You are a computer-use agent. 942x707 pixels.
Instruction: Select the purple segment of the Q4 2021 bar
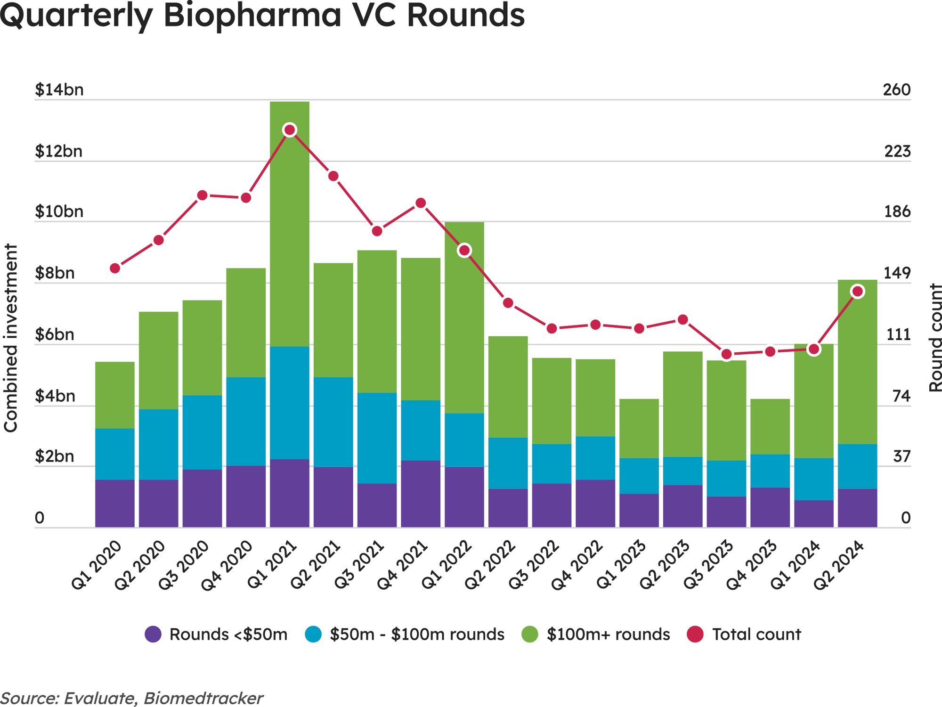pos(421,494)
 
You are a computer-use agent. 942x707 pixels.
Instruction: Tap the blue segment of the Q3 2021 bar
pos(377,438)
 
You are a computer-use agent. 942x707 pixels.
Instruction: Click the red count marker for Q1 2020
pos(115,268)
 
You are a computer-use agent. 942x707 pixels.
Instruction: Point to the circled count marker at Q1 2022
pos(464,250)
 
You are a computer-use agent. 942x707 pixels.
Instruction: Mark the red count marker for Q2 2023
pos(682,320)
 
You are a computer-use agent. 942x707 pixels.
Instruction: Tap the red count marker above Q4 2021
pos(421,203)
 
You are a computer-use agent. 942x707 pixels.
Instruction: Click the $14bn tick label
pos(59,89)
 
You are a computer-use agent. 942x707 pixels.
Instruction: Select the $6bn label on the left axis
pos(55,334)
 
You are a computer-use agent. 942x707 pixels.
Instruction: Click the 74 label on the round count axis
pos(901,396)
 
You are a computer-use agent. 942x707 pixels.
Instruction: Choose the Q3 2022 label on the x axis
pos(534,565)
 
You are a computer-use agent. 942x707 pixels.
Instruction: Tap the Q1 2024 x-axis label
pos(796,565)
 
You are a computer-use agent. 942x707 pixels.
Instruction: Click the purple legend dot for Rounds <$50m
pos(153,634)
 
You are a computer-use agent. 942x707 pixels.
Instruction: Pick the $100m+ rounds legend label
pos(608,634)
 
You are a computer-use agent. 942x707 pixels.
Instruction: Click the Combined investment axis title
pos(10,338)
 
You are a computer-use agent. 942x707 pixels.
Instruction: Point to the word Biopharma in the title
pos(252,15)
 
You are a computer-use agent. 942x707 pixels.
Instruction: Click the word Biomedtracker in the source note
pos(203,698)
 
